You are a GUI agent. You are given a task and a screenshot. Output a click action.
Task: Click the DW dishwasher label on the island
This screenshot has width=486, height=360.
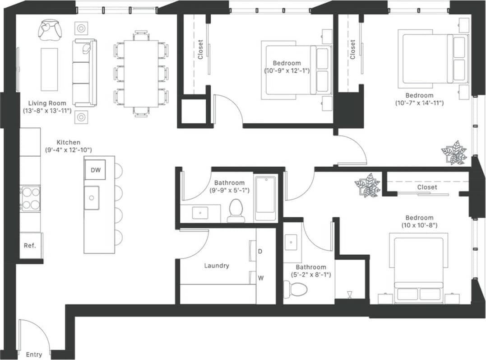point(95,170)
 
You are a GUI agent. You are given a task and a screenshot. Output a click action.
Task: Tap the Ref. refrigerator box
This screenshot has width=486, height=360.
point(30,246)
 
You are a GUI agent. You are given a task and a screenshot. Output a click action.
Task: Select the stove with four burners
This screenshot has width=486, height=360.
point(30,198)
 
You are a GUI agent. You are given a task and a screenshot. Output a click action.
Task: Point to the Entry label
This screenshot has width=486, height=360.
point(34,355)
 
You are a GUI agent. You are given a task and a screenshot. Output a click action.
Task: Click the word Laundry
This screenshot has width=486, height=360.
point(217,266)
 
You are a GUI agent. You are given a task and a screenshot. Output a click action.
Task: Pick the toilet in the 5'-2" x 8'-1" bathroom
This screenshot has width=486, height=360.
point(296,288)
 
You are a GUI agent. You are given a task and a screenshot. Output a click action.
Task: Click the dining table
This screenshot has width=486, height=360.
point(141,74)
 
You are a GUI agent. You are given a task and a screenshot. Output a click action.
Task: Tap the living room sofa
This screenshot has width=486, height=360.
point(84,72)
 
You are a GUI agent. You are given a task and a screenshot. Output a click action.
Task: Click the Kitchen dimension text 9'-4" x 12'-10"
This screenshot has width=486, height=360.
point(68,150)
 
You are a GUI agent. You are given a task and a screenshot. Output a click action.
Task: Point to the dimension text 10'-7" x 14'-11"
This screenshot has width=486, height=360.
point(419,103)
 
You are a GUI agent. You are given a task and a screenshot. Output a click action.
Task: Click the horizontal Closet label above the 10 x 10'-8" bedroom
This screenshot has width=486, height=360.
point(427,187)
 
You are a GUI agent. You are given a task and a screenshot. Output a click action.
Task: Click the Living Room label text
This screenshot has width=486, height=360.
point(47,103)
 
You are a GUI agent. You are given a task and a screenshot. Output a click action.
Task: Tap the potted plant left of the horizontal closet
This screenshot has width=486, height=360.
point(367,185)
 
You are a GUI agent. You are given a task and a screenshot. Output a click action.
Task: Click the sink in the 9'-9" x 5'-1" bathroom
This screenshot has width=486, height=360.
point(200,213)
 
